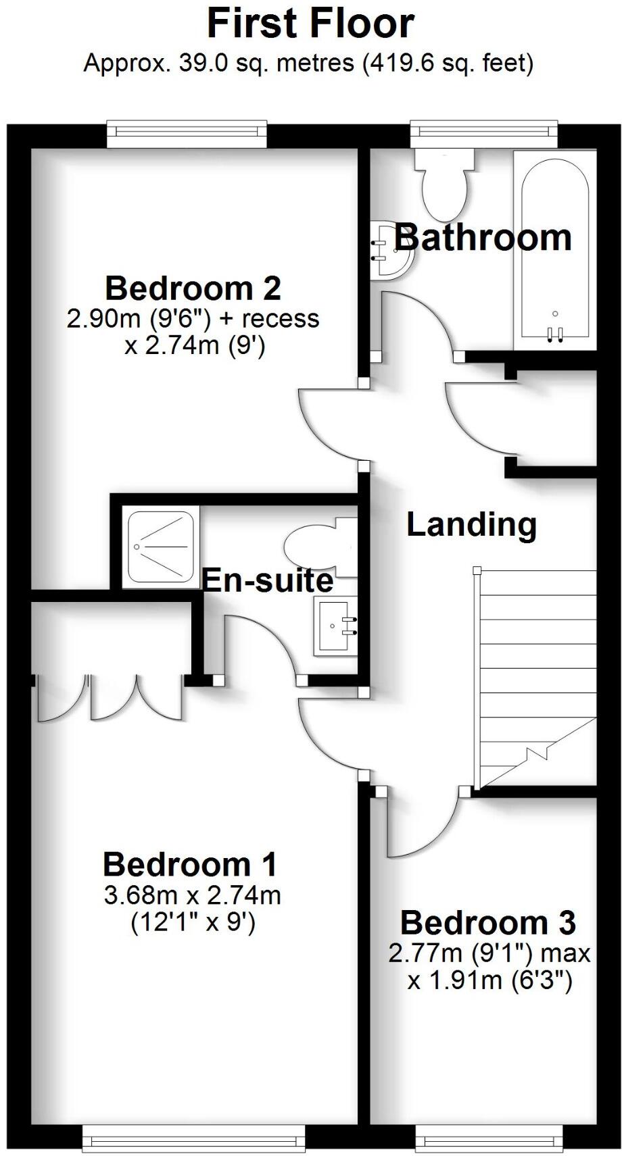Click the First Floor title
pyautogui.click(x=310, y=24)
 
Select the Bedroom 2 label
pyautogui.click(x=193, y=288)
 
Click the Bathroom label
pyautogui.click(x=483, y=238)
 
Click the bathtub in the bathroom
pyautogui.click(x=554, y=250)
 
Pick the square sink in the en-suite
pyautogui.click(x=335, y=626)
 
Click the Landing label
pyautogui.click(x=471, y=525)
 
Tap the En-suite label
pyautogui.click(x=268, y=580)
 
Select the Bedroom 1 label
pyautogui.click(x=190, y=865)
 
